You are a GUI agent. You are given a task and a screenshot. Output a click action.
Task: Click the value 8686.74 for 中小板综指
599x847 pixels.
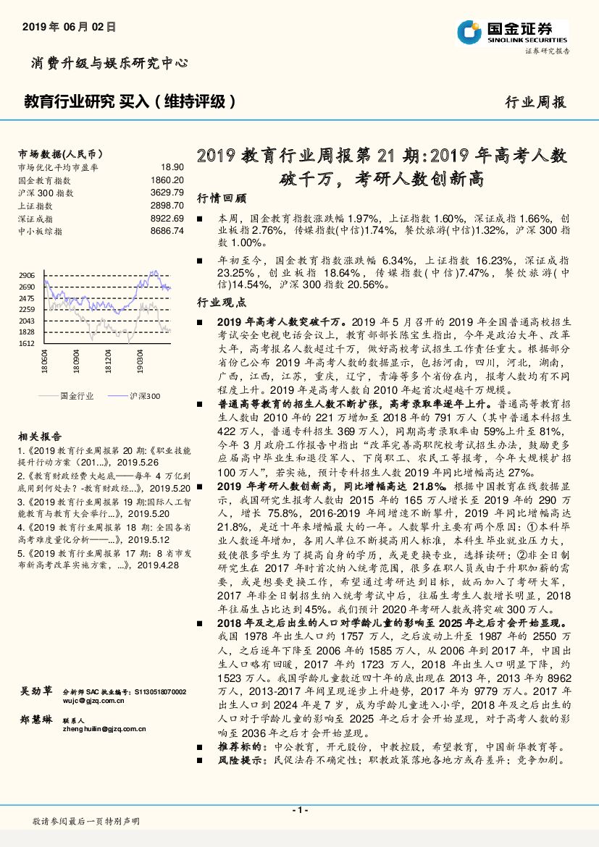[168, 230]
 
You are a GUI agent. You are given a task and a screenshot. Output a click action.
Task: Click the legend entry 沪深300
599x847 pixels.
[145, 396]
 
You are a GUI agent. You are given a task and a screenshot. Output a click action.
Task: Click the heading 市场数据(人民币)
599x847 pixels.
[59, 154]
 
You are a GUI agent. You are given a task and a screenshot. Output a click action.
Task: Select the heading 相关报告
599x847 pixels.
[40, 437]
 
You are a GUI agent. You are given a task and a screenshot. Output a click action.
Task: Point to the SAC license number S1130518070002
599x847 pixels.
[156, 692]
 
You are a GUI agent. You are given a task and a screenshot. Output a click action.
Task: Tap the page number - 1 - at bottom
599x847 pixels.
[299, 810]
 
